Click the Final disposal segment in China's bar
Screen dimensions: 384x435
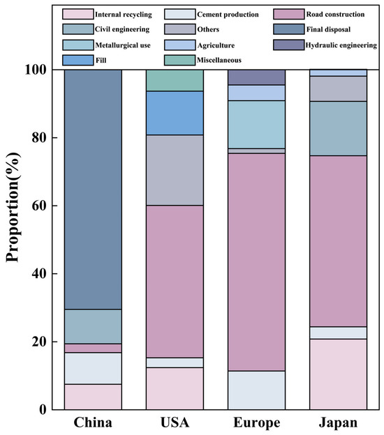tap(93, 190)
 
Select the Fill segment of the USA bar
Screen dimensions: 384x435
tap(175, 113)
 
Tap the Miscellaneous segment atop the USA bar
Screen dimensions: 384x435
tap(175, 80)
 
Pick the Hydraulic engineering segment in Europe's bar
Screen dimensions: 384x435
tap(256, 77)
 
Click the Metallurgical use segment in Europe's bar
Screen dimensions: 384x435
tap(256, 125)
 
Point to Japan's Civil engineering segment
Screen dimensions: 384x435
tap(338, 128)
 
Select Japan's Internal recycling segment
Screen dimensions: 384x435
tap(338, 374)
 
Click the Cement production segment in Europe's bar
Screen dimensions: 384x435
tap(256, 390)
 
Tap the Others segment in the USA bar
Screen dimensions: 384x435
tap(175, 170)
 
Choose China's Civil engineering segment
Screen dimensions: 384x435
tap(93, 326)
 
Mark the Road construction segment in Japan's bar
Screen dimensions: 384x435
tap(338, 241)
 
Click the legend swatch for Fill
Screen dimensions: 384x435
tap(77, 60)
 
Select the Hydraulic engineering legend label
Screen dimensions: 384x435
tap(341, 45)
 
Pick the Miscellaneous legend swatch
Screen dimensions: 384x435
tap(179, 60)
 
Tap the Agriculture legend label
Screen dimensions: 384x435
tap(216, 45)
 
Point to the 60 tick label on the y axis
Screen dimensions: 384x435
tap(38, 206)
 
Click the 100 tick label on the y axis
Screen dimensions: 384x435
tap(36, 70)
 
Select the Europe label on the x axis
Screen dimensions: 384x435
tap(257, 422)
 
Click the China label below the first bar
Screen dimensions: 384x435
tap(93, 422)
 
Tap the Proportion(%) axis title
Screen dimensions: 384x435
tap(13, 206)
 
